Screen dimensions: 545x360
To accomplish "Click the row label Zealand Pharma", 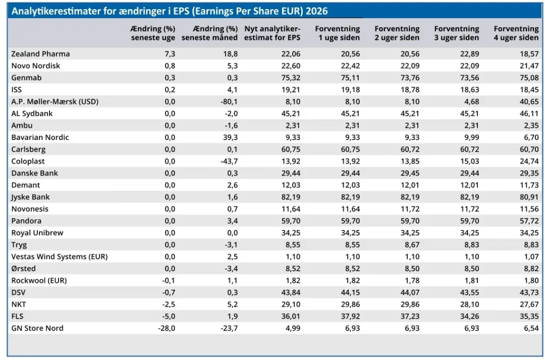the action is pyautogui.click(x=40, y=54).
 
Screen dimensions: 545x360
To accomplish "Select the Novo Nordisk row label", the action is pyautogui.click(x=36, y=65).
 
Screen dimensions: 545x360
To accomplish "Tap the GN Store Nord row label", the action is pyautogui.click(x=37, y=328).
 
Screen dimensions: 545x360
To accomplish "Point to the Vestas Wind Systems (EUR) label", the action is pyautogui.click(x=60, y=256).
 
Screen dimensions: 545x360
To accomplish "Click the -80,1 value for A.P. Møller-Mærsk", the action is pyautogui.click(x=229, y=102).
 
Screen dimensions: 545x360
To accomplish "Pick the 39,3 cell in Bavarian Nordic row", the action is pyautogui.click(x=230, y=138).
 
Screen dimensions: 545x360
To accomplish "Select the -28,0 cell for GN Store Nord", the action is pyautogui.click(x=167, y=328).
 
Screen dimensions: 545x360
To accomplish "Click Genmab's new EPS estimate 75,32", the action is pyautogui.click(x=291, y=78).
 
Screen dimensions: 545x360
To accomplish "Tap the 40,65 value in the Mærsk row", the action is pyautogui.click(x=529, y=102).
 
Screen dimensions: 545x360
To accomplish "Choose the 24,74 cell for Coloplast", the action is pyautogui.click(x=529, y=161).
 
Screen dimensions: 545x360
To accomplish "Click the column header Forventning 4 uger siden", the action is pyautogui.click(x=516, y=33).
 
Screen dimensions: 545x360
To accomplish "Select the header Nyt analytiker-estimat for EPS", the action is pyautogui.click(x=272, y=33).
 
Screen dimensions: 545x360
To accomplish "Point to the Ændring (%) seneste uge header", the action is pyautogui.click(x=153, y=33).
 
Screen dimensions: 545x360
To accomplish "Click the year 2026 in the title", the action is pyautogui.click(x=317, y=11).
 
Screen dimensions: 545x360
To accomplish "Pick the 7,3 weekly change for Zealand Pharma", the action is pyautogui.click(x=170, y=54).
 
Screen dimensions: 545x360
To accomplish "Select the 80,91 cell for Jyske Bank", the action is pyautogui.click(x=529, y=197).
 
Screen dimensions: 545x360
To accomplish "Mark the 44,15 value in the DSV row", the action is pyautogui.click(x=350, y=292).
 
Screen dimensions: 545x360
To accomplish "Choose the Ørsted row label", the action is pyautogui.click(x=23, y=269).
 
